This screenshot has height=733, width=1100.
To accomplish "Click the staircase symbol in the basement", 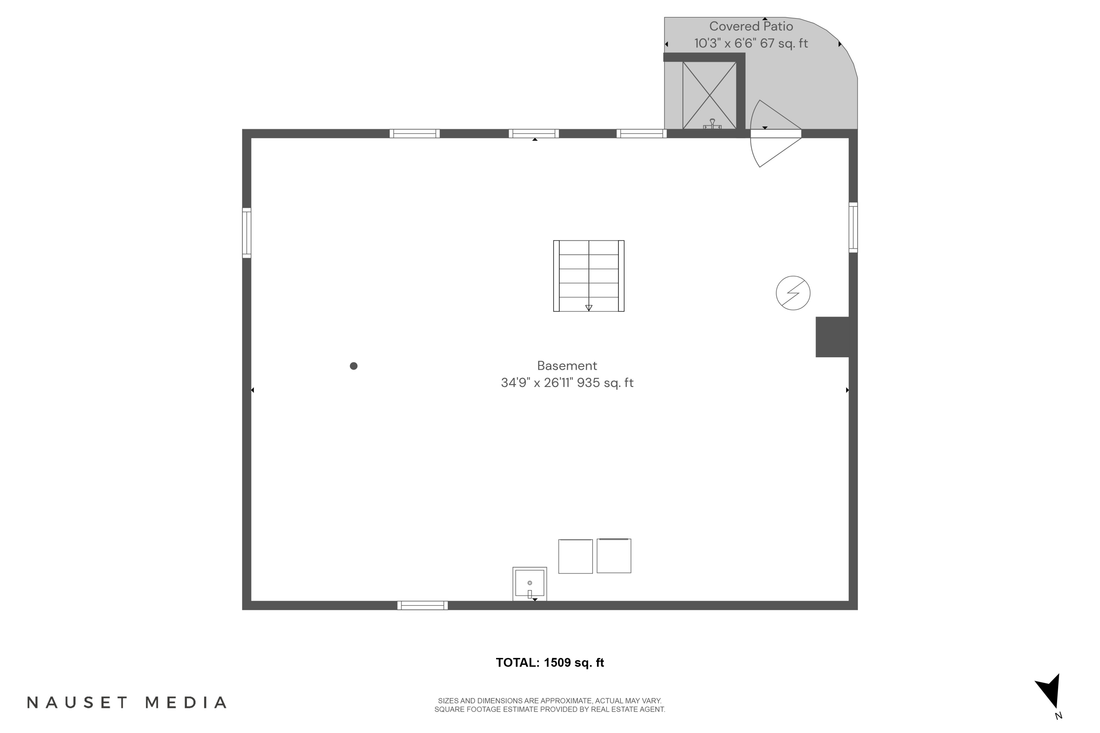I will pos(588,276).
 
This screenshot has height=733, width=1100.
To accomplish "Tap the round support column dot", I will pos(353,366).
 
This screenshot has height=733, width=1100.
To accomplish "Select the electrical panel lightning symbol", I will pos(793,293).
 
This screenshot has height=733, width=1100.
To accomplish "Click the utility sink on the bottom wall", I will pos(529,584).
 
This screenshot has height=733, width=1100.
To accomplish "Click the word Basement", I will pos(567,365).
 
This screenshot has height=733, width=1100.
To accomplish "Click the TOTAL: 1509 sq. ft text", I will pos(550,662).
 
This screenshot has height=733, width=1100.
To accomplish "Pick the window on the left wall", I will pos(246,233).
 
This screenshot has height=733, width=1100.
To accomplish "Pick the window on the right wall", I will pos(853,228).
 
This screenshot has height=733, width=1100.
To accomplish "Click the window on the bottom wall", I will pos(422,605).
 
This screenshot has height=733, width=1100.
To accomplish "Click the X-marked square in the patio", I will pos(709,95).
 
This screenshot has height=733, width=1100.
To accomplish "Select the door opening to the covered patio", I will pos(775,134).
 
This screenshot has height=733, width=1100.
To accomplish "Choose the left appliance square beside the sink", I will pos(575,556).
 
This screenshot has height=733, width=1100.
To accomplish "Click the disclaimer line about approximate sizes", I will pos(550,701).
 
